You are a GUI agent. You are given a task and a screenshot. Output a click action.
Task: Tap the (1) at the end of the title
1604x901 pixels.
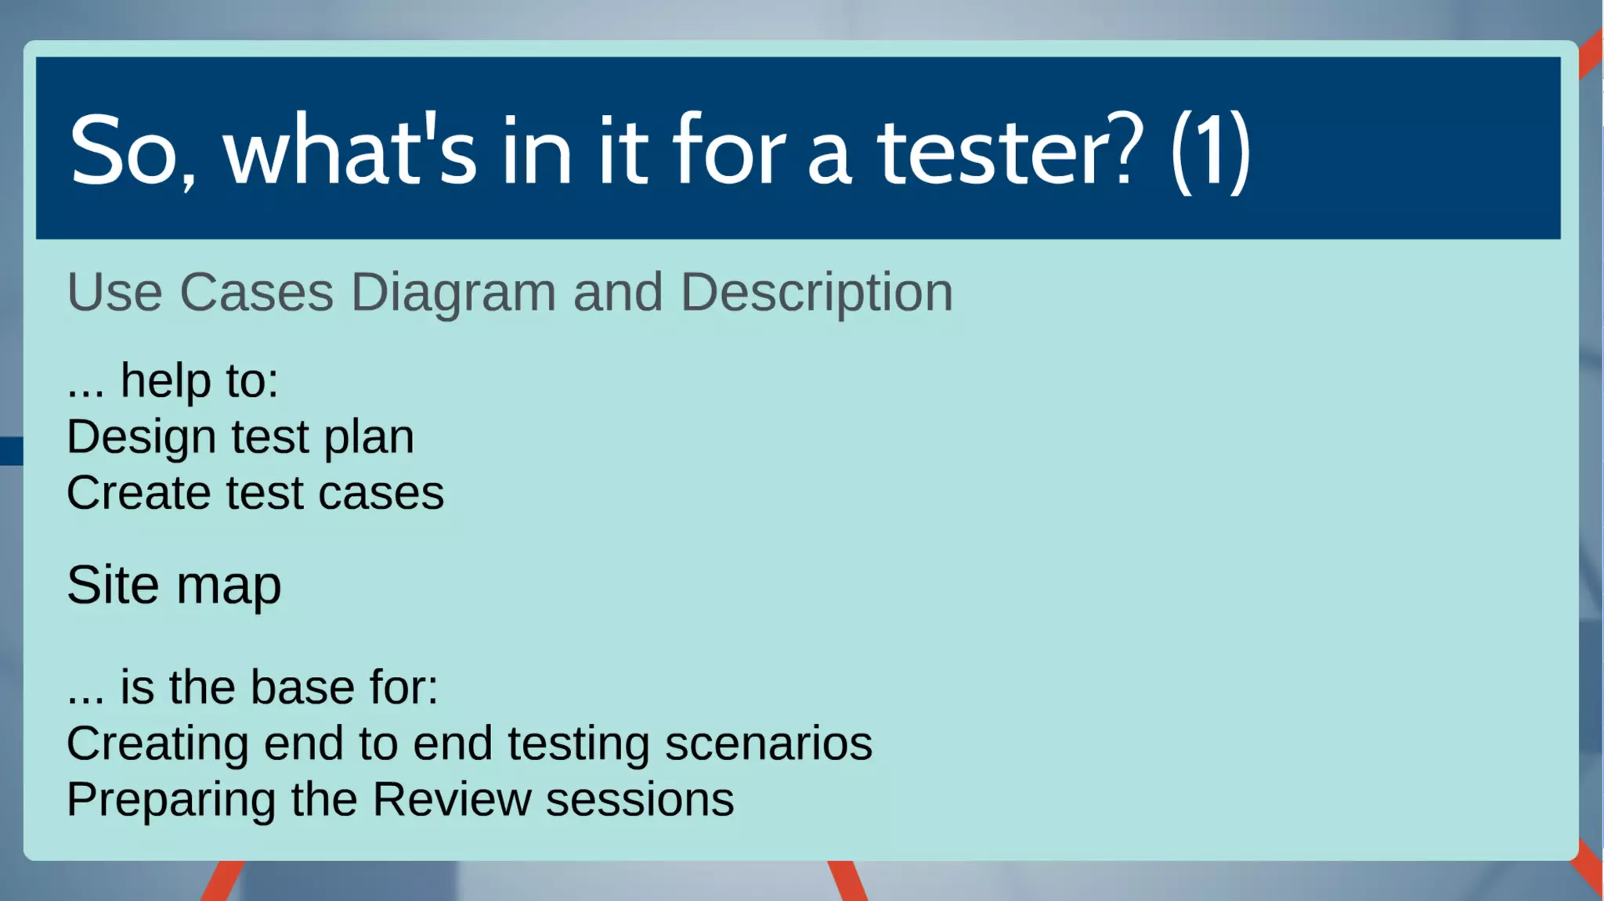(x=1210, y=150)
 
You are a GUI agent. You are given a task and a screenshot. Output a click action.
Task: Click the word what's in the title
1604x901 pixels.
(x=349, y=150)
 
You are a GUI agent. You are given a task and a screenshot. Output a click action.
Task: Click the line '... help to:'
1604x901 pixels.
(x=172, y=381)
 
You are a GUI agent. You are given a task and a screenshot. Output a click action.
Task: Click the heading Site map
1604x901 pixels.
(x=174, y=586)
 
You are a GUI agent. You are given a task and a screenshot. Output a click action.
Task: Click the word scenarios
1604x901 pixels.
(x=768, y=744)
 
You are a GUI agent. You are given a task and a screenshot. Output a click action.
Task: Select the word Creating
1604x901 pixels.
(x=157, y=744)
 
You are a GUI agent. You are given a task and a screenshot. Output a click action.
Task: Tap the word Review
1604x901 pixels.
(x=452, y=800)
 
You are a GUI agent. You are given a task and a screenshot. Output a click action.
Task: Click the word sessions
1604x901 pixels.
(x=640, y=800)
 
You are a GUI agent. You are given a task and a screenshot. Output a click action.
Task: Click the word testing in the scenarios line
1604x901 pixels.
(x=578, y=744)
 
